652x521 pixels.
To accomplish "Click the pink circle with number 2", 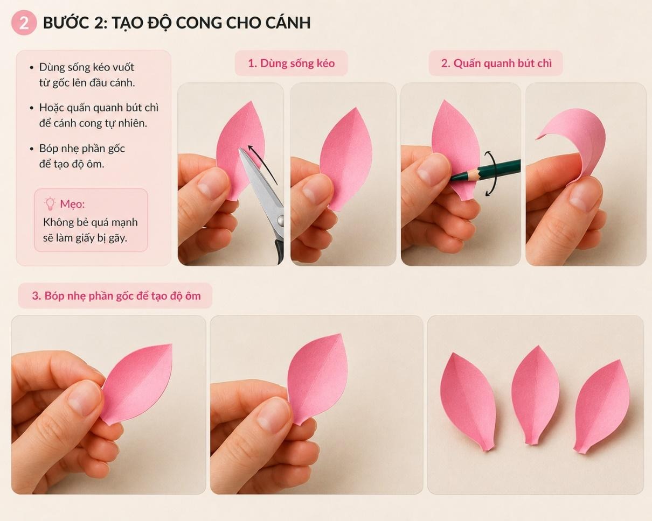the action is (x=24, y=23).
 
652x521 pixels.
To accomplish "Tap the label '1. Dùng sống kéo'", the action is (x=291, y=64).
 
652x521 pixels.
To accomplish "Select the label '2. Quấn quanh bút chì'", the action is (x=496, y=64).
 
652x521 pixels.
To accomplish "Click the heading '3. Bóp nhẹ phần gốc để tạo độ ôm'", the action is (x=116, y=296).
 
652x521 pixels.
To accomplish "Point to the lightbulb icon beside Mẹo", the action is (x=50, y=204).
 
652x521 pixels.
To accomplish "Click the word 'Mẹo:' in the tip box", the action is (x=72, y=204).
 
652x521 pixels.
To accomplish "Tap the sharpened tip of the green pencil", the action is (x=452, y=178).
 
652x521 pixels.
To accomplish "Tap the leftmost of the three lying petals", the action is (x=468, y=399).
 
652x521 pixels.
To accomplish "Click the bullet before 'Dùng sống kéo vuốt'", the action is (x=32, y=67).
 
